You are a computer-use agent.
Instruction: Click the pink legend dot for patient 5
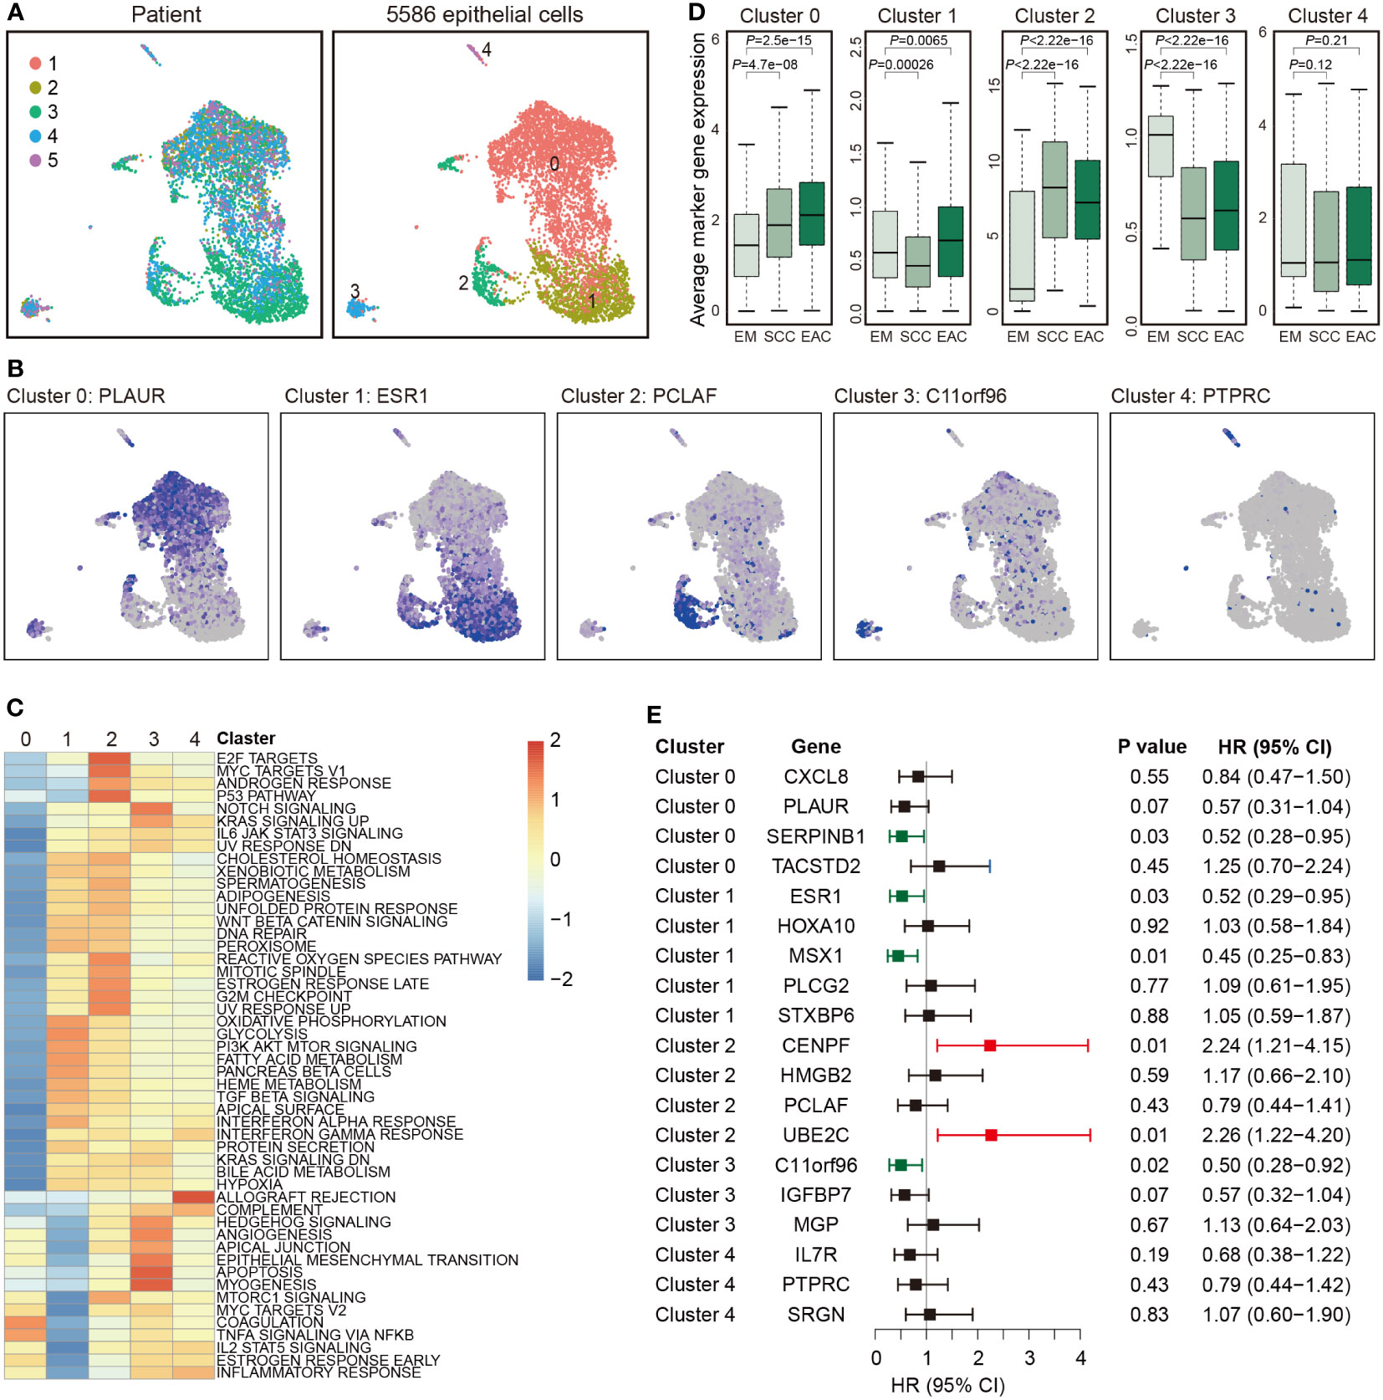click(35, 161)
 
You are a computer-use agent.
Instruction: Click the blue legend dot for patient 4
click(35, 136)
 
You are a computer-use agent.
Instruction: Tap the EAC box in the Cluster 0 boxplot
click(812, 213)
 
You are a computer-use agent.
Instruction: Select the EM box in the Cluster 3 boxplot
click(1161, 146)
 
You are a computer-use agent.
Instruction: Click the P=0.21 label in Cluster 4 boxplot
click(1327, 40)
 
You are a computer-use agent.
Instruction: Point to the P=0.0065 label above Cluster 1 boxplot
click(918, 40)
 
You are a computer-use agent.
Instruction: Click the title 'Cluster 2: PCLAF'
click(639, 396)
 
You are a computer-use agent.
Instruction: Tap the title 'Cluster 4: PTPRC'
click(1190, 396)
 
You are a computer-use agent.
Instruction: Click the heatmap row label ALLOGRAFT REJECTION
click(306, 1198)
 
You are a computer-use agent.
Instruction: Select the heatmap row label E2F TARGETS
click(267, 759)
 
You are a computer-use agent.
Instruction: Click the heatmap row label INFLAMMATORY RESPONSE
click(319, 1372)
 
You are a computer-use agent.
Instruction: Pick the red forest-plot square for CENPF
click(990, 1045)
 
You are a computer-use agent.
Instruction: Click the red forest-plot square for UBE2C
click(991, 1135)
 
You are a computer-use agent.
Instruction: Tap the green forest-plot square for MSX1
click(898, 956)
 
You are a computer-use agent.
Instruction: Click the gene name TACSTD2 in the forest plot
click(815, 866)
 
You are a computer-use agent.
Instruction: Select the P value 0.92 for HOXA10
click(1149, 926)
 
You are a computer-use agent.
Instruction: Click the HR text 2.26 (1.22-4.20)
click(1276, 1135)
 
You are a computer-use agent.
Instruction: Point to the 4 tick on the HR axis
click(1080, 1358)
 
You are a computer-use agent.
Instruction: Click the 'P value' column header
click(1151, 747)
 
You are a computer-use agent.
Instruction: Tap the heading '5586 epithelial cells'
click(484, 14)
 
